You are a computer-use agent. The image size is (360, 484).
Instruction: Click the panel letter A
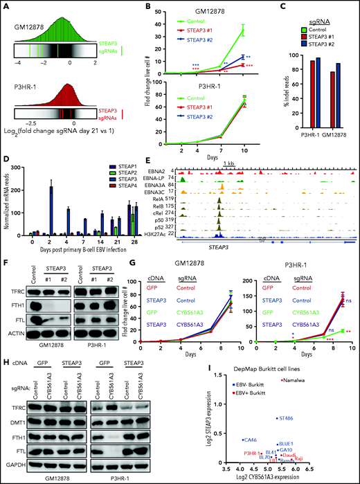point(6,6)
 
